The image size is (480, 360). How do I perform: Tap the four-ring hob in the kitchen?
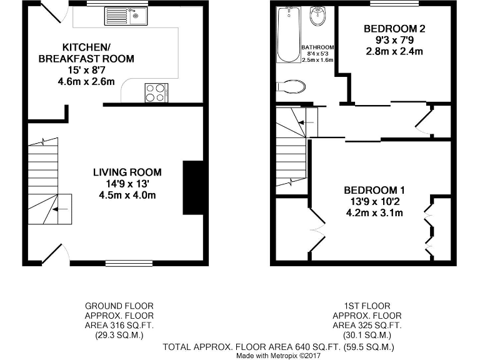[x=156, y=92]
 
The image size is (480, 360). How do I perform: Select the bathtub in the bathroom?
[x=289, y=35]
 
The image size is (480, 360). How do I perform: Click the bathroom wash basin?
[x=317, y=16]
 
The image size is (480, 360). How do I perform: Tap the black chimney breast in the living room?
[x=192, y=187]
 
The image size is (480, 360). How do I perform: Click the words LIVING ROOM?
[x=127, y=172]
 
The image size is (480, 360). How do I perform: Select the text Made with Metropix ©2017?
[x=278, y=356]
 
